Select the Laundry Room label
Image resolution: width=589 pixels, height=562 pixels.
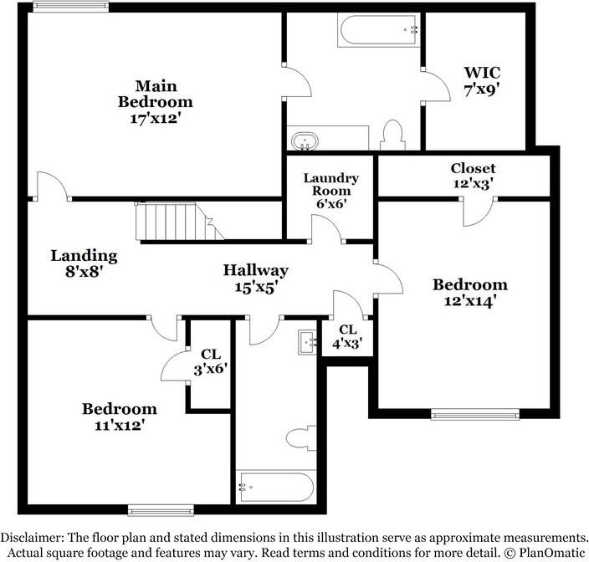tap(330, 191)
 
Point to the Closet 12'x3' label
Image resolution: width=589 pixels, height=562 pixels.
tap(473, 175)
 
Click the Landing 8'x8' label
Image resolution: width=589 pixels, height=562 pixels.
tap(84, 263)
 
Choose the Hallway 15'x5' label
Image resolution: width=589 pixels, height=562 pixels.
tap(255, 278)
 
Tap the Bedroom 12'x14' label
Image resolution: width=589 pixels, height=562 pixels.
tap(469, 293)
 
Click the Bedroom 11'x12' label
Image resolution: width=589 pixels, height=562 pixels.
tap(119, 416)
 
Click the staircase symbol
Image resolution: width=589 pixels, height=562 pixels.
tap(172, 222)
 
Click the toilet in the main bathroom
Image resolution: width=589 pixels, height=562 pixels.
tap(392, 135)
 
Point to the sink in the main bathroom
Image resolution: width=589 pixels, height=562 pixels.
tap(302, 140)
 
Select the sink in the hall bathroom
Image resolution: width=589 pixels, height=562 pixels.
tap(306, 341)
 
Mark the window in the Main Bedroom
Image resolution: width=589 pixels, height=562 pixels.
tap(72, 8)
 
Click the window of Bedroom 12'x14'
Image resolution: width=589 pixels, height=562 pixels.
tap(475, 413)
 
